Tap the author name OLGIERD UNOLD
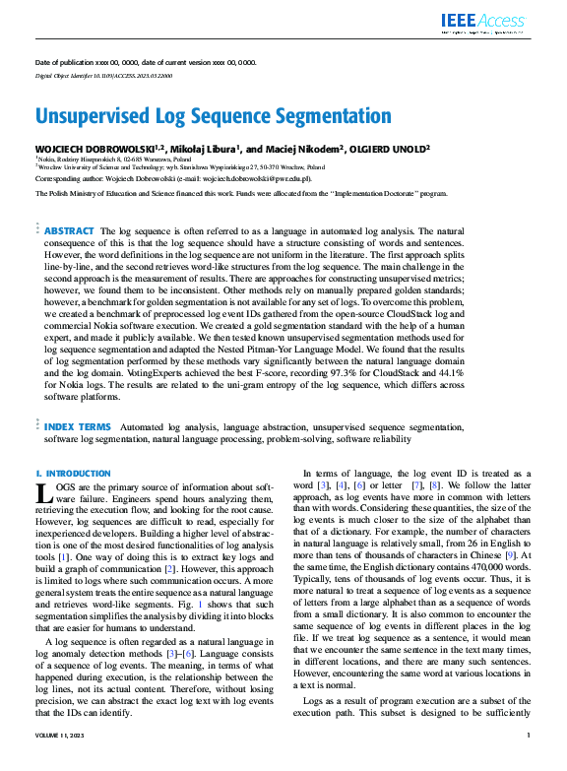tap(397, 148)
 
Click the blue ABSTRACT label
tap(70, 230)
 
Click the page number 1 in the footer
tap(529, 762)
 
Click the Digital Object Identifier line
tap(96, 75)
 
